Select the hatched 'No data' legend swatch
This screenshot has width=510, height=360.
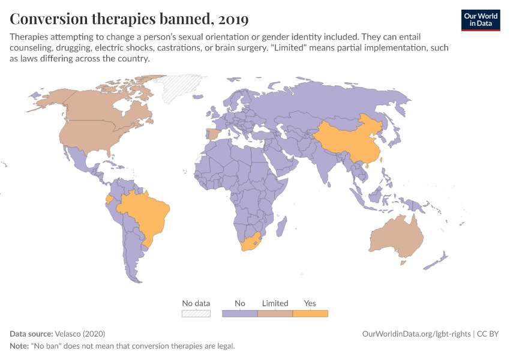[x=196, y=313]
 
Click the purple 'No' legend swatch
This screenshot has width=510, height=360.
[x=240, y=313]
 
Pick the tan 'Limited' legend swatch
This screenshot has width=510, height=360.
[x=275, y=313]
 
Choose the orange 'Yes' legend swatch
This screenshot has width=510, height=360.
[x=310, y=313]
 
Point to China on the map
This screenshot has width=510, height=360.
[x=345, y=141]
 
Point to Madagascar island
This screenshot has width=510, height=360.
[x=280, y=227]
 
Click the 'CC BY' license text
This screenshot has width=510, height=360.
[x=488, y=334]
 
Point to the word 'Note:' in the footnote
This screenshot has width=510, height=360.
[x=20, y=346]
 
